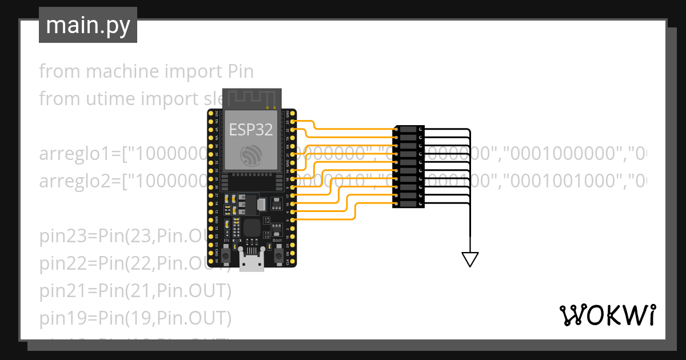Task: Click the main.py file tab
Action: pos(87,25)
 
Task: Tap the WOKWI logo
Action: pos(607,315)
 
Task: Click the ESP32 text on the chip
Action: pos(251,130)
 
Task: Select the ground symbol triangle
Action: pos(470,259)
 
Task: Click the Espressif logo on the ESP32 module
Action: pos(251,155)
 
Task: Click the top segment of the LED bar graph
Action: pos(409,130)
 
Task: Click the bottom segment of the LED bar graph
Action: pos(409,203)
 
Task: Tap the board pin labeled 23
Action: pos(294,122)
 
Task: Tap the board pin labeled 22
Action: pos(294,130)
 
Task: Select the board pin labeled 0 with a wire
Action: pos(294,219)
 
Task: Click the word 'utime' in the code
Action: pos(109,98)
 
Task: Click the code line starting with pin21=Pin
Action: pos(135,291)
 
